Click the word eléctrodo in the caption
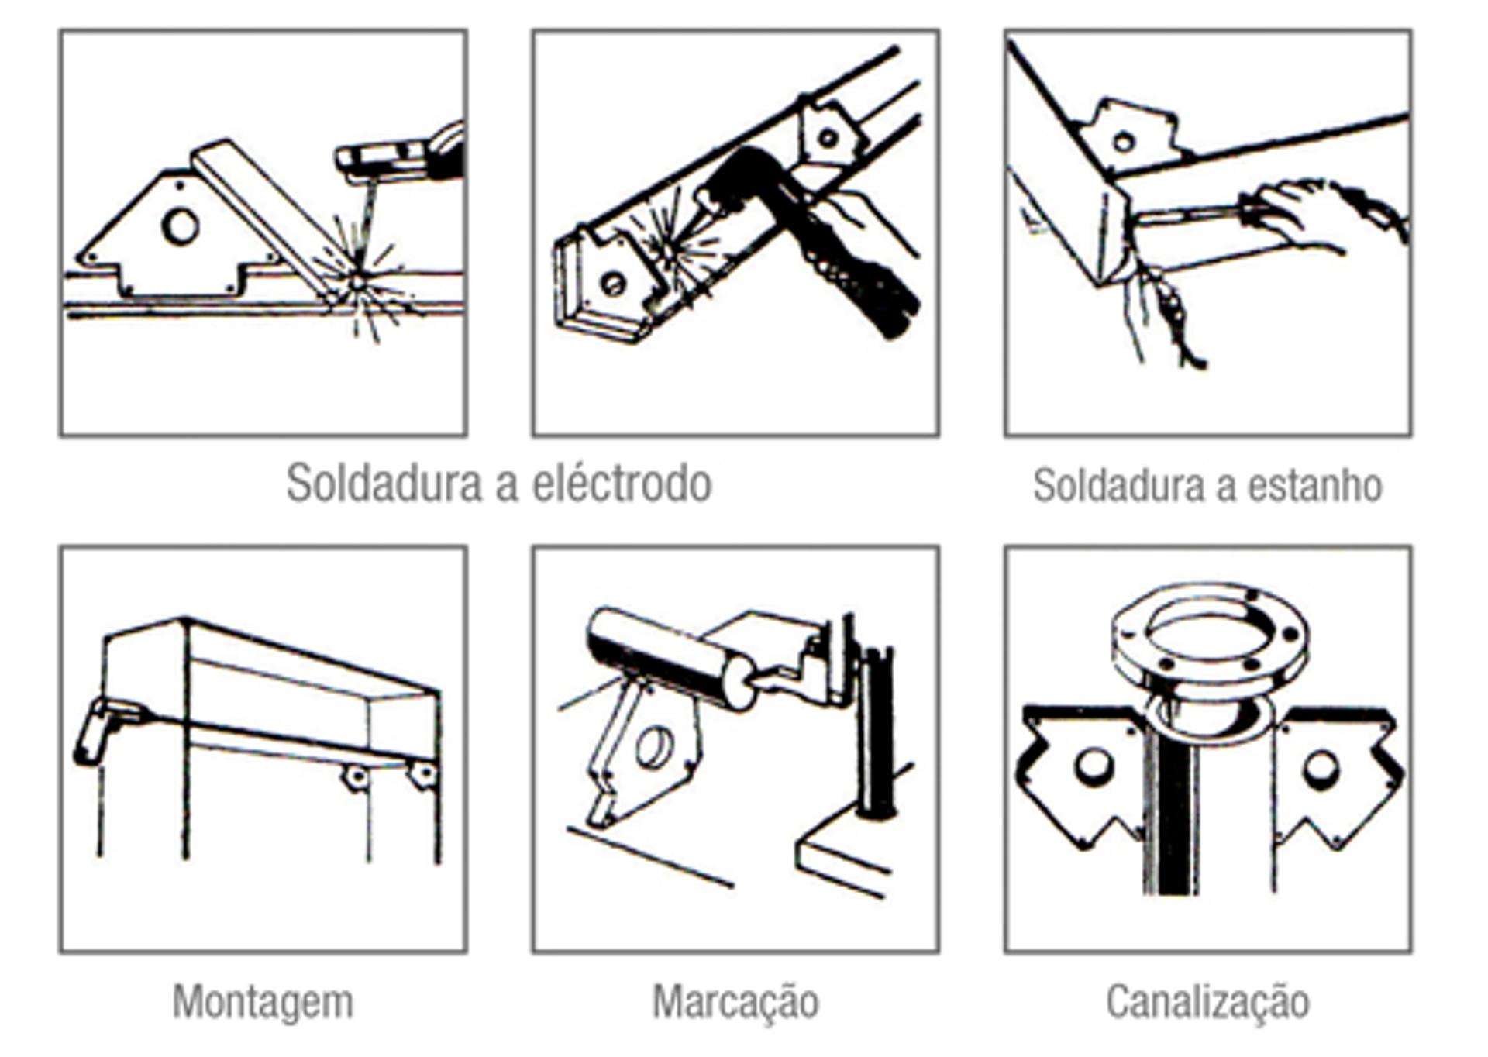pos(622,484)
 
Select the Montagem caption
pos(263,1001)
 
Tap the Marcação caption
pos(735,1001)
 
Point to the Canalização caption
pos(1207,1001)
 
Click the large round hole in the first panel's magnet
pos(180,227)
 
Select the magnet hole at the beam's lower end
pos(612,284)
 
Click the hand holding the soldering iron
pos(1294,213)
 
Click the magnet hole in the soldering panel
pos(1122,143)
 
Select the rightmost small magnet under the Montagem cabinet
pos(423,773)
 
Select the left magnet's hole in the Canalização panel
pos(1092,766)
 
